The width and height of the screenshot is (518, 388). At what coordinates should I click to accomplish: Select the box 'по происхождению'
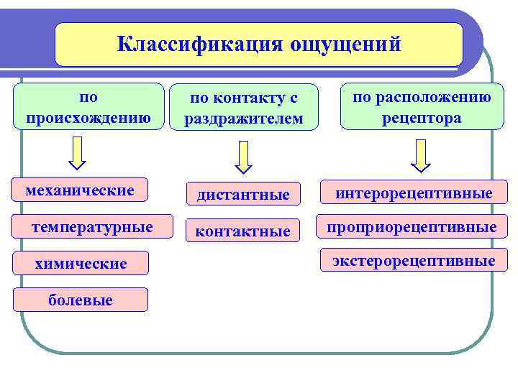pyautogui.click(x=88, y=106)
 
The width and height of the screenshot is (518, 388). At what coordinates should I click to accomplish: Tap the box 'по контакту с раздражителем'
pyautogui.click(x=244, y=108)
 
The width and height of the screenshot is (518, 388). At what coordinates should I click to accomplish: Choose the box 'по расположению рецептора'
pyautogui.click(x=422, y=106)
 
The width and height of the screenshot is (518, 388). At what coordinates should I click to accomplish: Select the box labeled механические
pyautogui.click(x=80, y=190)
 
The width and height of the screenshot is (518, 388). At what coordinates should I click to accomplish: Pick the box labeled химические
pyautogui.click(x=81, y=264)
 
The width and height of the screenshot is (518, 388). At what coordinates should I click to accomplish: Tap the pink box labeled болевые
pyautogui.click(x=81, y=300)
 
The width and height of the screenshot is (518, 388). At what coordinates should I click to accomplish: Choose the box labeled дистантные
pyautogui.click(x=243, y=194)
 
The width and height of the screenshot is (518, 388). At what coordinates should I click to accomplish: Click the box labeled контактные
pyautogui.click(x=243, y=231)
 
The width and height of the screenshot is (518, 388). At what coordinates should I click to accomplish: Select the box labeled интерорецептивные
pyautogui.click(x=413, y=193)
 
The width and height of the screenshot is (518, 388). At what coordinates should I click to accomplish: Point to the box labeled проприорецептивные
pyautogui.click(x=413, y=227)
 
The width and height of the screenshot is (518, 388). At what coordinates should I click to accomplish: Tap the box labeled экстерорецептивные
pyautogui.click(x=413, y=260)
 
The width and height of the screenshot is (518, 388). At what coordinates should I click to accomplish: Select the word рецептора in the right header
pyautogui.click(x=422, y=117)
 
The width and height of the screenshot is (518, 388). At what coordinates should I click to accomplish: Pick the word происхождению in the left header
pyautogui.click(x=88, y=117)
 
